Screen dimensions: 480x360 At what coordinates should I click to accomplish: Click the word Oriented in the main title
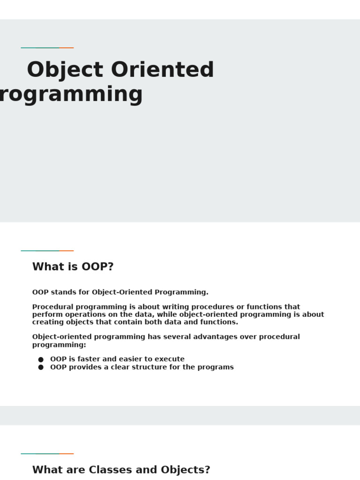(x=162, y=70)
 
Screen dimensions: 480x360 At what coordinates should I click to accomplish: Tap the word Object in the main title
(x=65, y=70)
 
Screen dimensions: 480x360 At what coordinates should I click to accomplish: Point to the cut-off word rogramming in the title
(x=70, y=95)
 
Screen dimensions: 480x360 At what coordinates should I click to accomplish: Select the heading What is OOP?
(x=73, y=267)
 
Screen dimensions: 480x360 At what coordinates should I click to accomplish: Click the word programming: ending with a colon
(x=59, y=345)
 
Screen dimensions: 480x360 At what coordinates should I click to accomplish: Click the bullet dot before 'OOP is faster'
(x=41, y=360)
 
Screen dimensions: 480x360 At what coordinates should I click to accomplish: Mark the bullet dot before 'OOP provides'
(x=41, y=367)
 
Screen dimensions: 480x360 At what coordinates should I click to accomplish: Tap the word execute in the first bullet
(x=169, y=359)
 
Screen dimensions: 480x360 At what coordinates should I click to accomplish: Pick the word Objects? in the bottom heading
(x=185, y=470)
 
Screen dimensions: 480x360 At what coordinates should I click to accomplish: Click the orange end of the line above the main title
(x=67, y=48)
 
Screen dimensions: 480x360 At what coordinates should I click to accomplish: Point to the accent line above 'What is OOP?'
(x=47, y=251)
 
